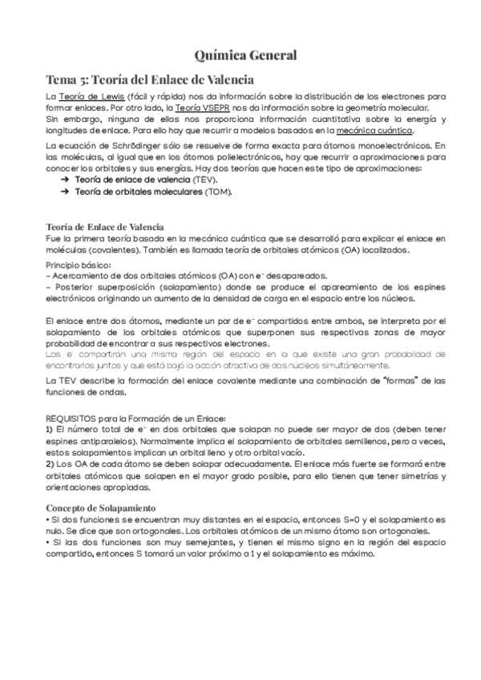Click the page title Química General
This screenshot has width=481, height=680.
pos(246,55)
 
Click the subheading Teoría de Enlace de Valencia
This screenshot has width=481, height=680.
pos(105,227)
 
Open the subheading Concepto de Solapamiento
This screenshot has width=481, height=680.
pos(101,508)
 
